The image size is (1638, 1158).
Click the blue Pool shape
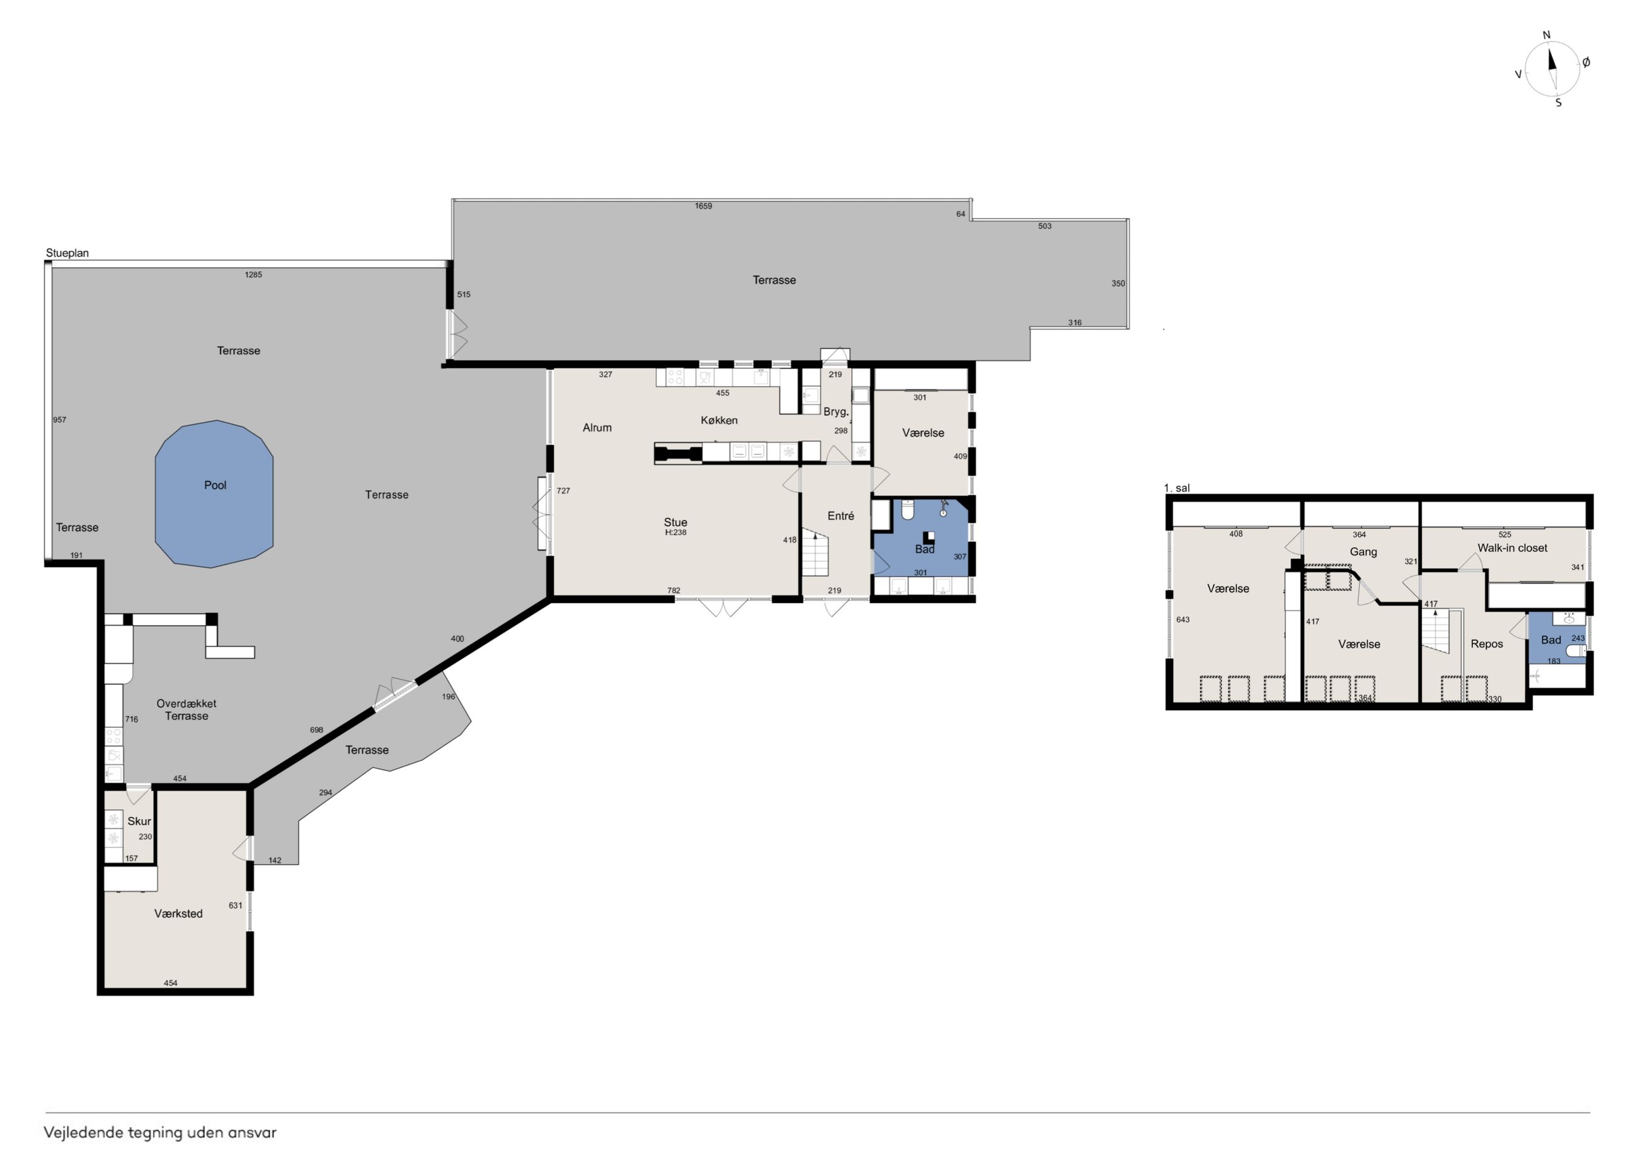214,494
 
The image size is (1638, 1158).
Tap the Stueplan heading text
67,253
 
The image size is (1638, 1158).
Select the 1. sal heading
1176,488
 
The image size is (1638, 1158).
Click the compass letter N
1547,35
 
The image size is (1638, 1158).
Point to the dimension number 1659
704,206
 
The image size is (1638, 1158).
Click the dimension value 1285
253,275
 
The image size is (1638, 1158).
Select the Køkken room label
719,420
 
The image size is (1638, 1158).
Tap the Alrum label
597,427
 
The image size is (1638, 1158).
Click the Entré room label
840,516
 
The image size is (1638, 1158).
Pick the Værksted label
178,914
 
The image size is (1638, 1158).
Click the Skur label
139,821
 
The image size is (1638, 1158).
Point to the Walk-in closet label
1513,548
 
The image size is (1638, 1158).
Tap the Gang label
1363,551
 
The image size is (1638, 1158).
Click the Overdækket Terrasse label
186,709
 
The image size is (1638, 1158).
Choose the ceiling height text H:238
675,532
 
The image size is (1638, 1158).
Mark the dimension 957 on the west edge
59,420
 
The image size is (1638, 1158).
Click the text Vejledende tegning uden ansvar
160,1133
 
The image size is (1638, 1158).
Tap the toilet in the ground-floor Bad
907,510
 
